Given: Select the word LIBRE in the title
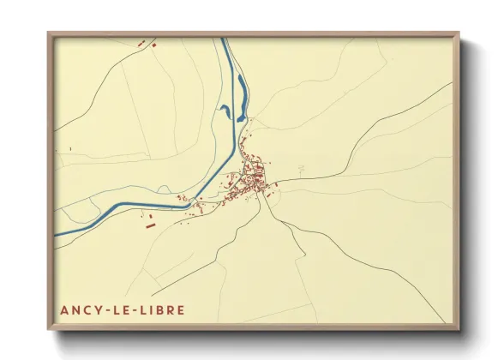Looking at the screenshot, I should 164,309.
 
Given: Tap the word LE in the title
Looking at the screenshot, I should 122,309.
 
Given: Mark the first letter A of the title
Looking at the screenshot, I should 65,309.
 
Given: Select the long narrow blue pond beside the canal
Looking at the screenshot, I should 241,86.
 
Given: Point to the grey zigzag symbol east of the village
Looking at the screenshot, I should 300,168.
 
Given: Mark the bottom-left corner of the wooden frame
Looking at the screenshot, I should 49,328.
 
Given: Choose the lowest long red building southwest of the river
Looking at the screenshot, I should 150,227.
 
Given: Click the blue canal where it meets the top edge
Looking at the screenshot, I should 224,39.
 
